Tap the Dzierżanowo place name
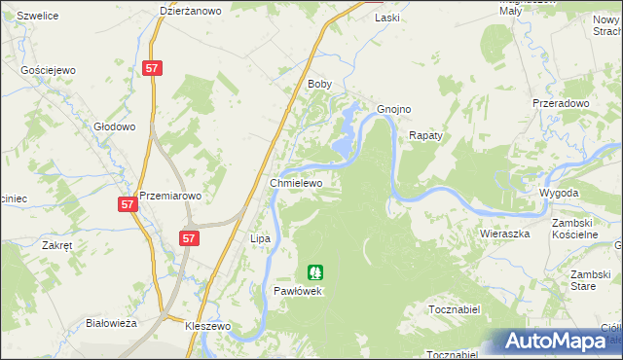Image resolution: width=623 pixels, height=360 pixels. pos(191,12)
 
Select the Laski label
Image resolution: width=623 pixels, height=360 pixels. pos(387,18)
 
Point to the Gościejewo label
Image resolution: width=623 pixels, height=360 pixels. pos(49,71)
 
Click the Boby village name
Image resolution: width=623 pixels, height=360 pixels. pos(320,85)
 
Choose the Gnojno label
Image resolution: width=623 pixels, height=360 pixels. pos(394,109)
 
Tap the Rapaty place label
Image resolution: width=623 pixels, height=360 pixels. pos(425,136)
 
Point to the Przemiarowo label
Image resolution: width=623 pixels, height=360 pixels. pos(170,196)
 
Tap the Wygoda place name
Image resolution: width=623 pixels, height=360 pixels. pos(560,194)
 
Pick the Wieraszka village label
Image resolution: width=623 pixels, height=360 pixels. pos(504,234)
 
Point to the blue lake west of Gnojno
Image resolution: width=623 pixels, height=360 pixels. pos(345,134)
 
